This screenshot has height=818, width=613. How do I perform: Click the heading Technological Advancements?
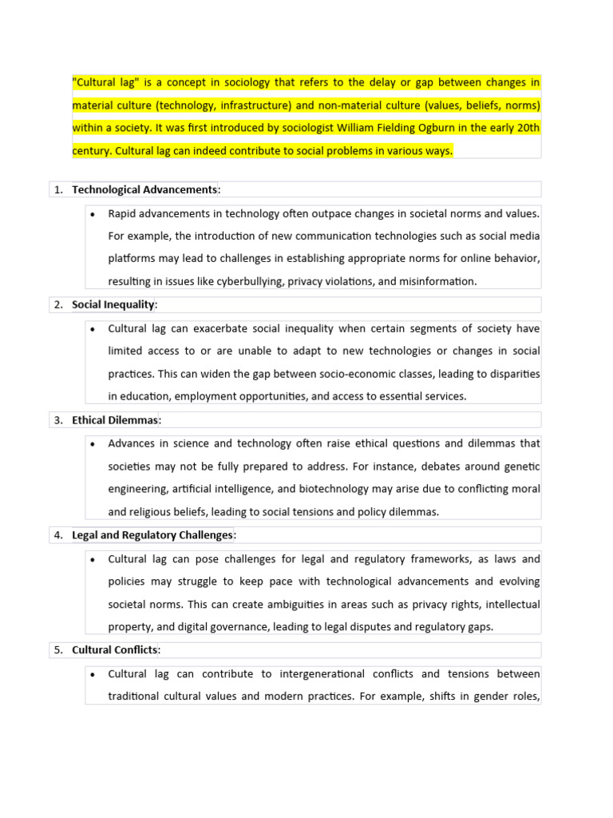coord(144,189)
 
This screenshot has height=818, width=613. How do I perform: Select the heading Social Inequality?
coord(113,304)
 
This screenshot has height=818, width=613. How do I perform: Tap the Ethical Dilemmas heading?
coord(115,419)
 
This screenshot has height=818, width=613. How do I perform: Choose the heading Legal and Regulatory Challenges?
coord(152,534)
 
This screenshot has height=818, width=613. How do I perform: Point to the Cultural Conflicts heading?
coord(115,649)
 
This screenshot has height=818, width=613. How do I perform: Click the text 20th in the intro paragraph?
coord(526,128)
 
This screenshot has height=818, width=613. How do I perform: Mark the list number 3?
coord(58,419)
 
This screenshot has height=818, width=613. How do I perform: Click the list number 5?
coord(58,649)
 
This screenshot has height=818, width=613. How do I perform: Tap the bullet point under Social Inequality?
coord(93,328)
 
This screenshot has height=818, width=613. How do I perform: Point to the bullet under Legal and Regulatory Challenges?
coord(93,558)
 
